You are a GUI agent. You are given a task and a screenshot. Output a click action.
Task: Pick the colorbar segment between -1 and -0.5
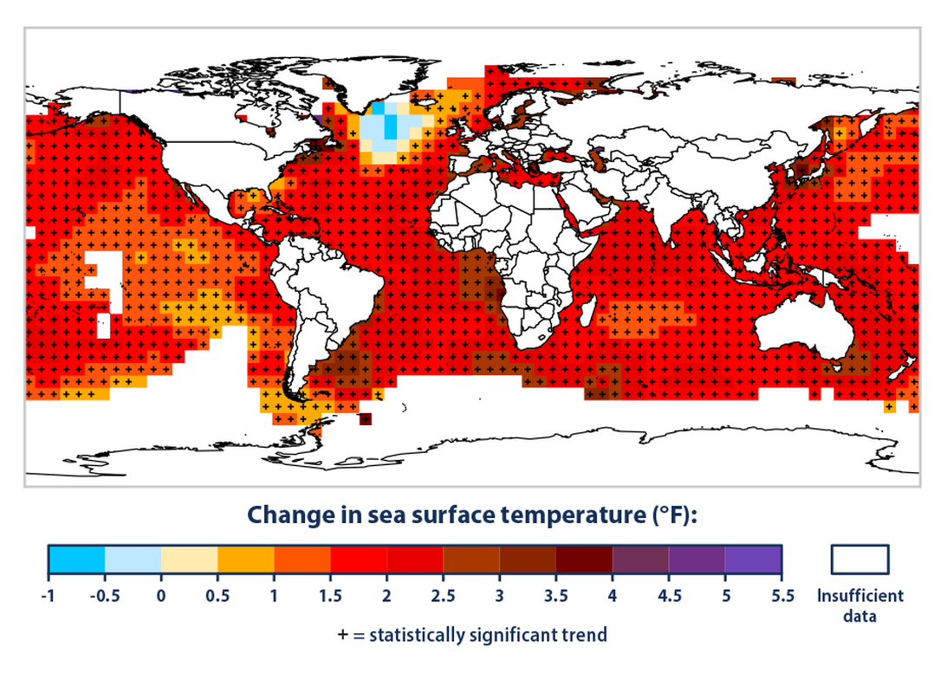[x=76, y=560]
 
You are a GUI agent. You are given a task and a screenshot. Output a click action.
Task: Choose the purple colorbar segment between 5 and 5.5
[x=753, y=560]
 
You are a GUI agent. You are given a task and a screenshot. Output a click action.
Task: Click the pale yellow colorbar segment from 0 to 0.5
[x=189, y=560]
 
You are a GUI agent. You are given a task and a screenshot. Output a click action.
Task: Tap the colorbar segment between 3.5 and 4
[x=584, y=560]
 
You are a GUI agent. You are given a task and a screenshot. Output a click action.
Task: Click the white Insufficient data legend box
[x=859, y=560]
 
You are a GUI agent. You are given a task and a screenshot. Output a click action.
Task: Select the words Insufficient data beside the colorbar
[x=859, y=605]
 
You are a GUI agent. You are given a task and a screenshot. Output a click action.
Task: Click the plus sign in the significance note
[x=343, y=635]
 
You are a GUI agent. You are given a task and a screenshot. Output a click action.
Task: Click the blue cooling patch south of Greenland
[x=385, y=126]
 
